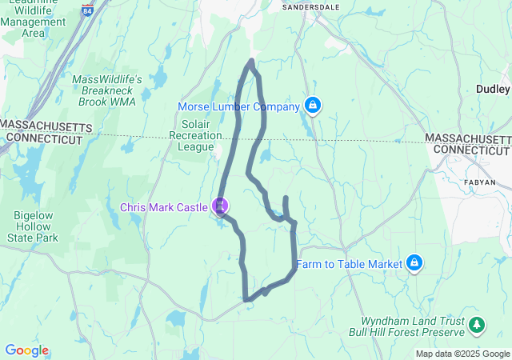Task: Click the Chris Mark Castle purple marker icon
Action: [220, 206]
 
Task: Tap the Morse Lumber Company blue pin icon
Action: [313, 106]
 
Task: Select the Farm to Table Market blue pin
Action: [414, 262]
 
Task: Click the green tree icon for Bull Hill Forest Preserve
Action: [477, 324]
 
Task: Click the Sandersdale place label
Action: [312, 6]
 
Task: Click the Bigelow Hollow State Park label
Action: [34, 226]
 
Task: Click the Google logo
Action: [26, 350]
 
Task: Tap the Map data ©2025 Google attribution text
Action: [462, 354]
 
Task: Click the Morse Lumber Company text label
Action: [238, 106]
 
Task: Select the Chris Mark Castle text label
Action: [165, 207]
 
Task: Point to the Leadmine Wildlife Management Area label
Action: [34, 20]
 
